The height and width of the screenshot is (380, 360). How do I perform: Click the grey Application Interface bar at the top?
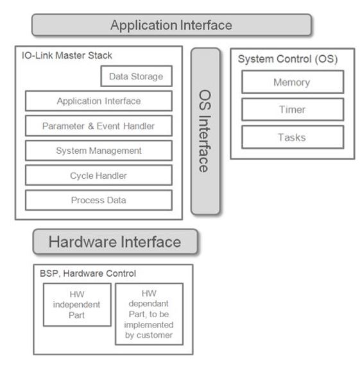click(x=171, y=25)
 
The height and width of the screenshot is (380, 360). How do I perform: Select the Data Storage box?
click(x=137, y=76)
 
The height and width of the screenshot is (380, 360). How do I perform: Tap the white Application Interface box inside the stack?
click(x=99, y=101)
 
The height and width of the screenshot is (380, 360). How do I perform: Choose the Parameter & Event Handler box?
click(x=99, y=126)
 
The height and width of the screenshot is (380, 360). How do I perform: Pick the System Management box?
click(x=99, y=151)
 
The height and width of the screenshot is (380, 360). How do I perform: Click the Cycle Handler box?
click(x=99, y=175)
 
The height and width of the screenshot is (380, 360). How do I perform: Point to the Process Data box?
click(x=99, y=200)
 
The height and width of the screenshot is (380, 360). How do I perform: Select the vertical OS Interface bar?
click(x=205, y=131)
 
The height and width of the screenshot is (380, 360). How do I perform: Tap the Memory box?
click(x=293, y=82)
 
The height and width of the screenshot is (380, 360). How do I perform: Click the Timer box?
click(x=293, y=110)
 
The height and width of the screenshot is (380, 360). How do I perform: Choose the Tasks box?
click(x=293, y=137)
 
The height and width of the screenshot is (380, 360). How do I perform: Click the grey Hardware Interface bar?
click(x=116, y=242)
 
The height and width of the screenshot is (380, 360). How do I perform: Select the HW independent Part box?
click(x=77, y=304)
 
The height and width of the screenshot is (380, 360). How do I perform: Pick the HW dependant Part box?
click(x=150, y=314)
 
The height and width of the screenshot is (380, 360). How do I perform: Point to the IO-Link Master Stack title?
click(x=67, y=56)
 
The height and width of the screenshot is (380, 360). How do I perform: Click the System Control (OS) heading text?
click(x=288, y=59)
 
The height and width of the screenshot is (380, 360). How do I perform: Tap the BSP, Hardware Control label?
click(x=88, y=274)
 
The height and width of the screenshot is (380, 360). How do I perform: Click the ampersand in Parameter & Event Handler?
click(x=90, y=126)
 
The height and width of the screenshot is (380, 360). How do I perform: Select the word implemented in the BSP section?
click(x=149, y=325)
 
